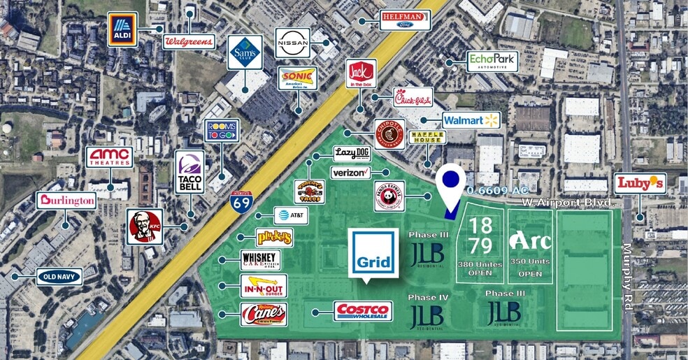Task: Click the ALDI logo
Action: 123,29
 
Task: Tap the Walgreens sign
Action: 189,42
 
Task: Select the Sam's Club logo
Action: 245,52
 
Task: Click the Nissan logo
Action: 292,43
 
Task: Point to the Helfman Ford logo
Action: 405,20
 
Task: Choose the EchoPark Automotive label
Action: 492,62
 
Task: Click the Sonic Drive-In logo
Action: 299,78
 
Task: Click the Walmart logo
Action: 471,120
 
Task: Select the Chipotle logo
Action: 389,134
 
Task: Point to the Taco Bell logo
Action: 189,171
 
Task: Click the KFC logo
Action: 145,226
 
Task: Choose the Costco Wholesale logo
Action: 363,311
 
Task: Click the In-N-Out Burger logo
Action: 263,287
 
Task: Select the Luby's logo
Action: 640,184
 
